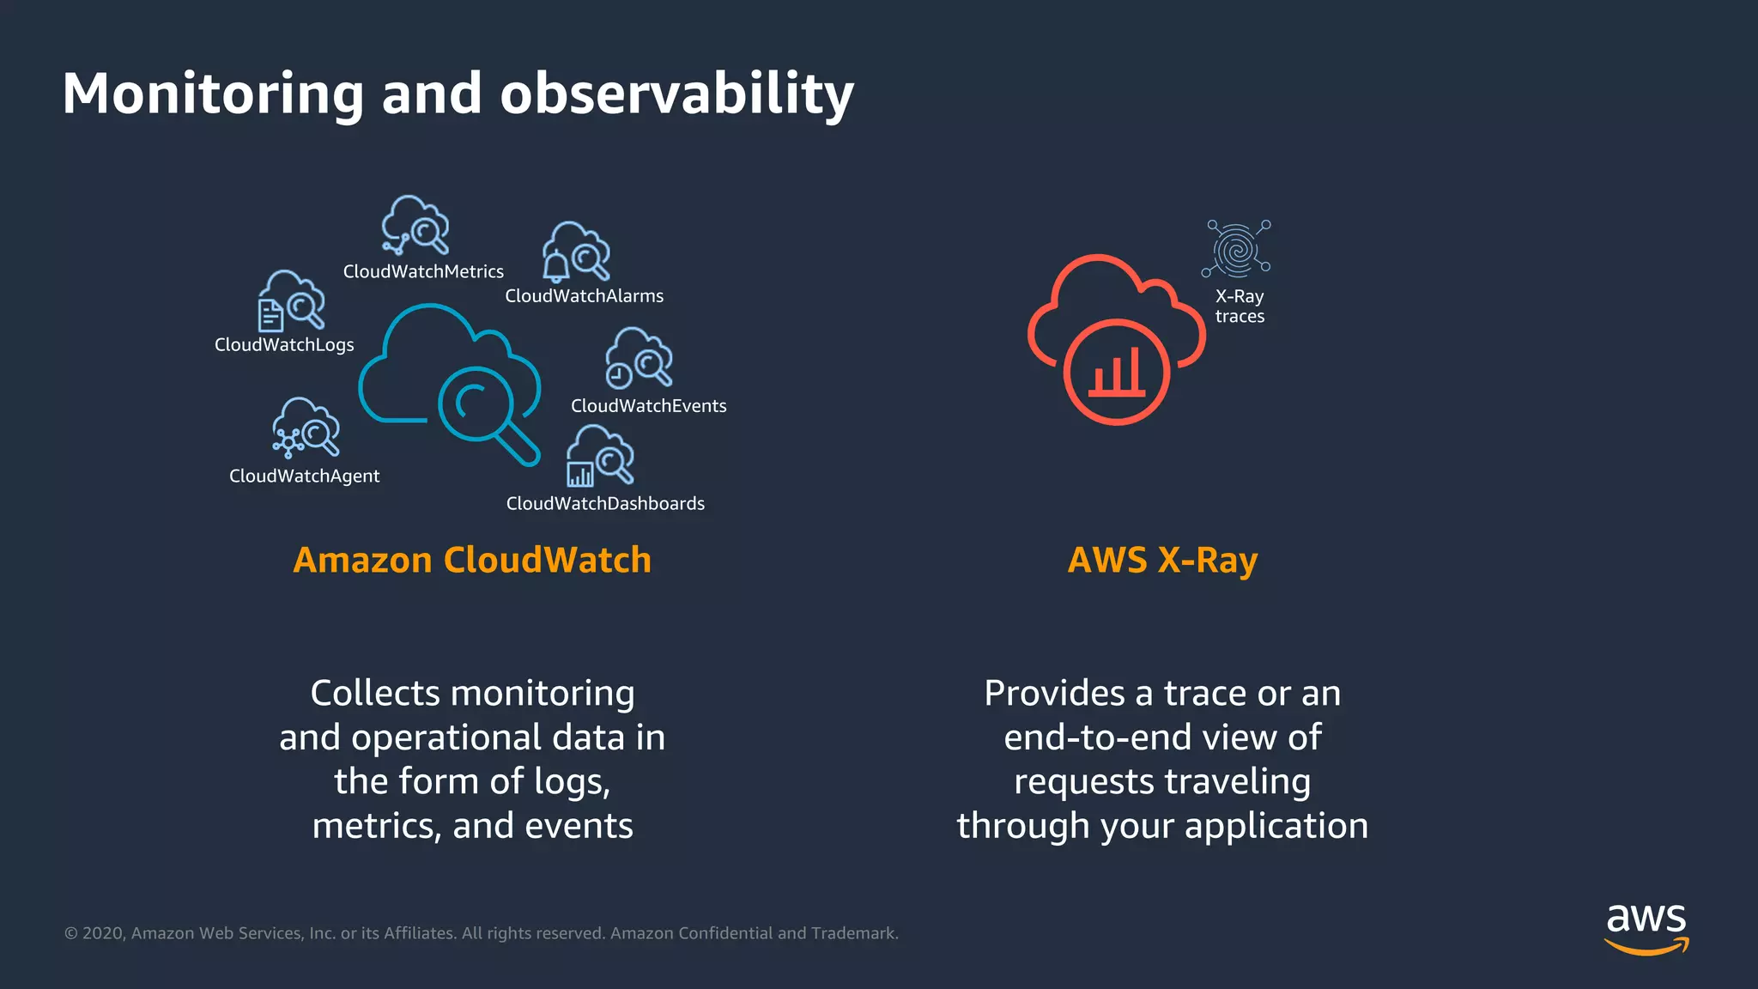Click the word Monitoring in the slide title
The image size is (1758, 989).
point(213,94)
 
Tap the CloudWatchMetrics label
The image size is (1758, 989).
point(423,272)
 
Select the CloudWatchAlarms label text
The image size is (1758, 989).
point(584,296)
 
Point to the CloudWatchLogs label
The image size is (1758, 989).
point(284,345)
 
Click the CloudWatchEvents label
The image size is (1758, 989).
point(648,406)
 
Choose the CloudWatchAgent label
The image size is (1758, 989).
point(304,476)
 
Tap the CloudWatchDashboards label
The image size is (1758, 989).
point(605,504)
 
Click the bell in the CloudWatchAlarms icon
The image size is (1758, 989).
point(555,266)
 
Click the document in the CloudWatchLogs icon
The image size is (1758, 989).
point(270,315)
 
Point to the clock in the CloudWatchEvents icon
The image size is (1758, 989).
point(619,376)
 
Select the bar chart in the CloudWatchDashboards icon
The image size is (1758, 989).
point(579,474)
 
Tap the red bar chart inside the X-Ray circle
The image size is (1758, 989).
point(1117,374)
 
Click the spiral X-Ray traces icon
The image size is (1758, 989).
point(1236,250)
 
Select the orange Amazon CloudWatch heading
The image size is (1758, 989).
point(472,561)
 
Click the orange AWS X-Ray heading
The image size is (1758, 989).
point(1162,561)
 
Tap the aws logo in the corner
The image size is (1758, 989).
point(1646,928)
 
